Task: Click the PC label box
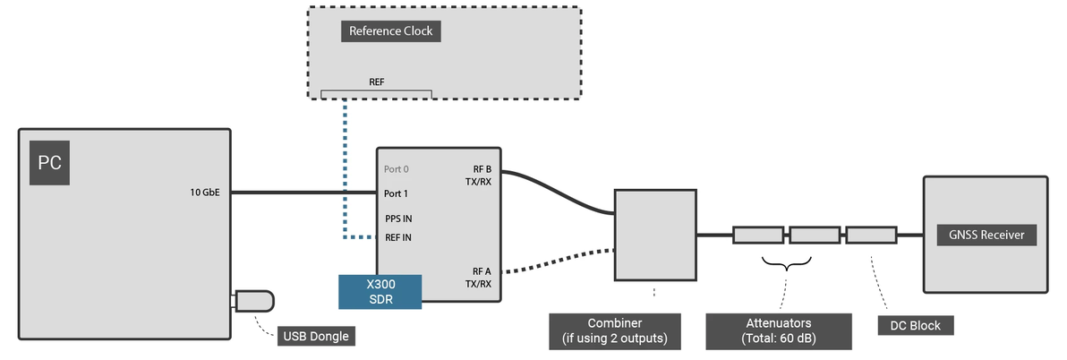pyautogui.click(x=49, y=162)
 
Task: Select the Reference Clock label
pyautogui.click(x=391, y=31)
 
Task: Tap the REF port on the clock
pyautogui.click(x=376, y=93)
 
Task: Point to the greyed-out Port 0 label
pyautogui.click(x=397, y=168)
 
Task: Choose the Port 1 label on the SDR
pyautogui.click(x=397, y=193)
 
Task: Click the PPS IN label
pyautogui.click(x=398, y=218)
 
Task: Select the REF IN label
pyautogui.click(x=398, y=237)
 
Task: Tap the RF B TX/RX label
pyautogui.click(x=482, y=174)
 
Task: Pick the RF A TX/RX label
pyautogui.click(x=482, y=278)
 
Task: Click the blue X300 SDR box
pyautogui.click(x=380, y=292)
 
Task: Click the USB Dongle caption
pyautogui.click(x=314, y=337)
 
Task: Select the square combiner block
pyautogui.click(x=654, y=235)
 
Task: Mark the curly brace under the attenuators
pyautogui.click(x=786, y=263)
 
